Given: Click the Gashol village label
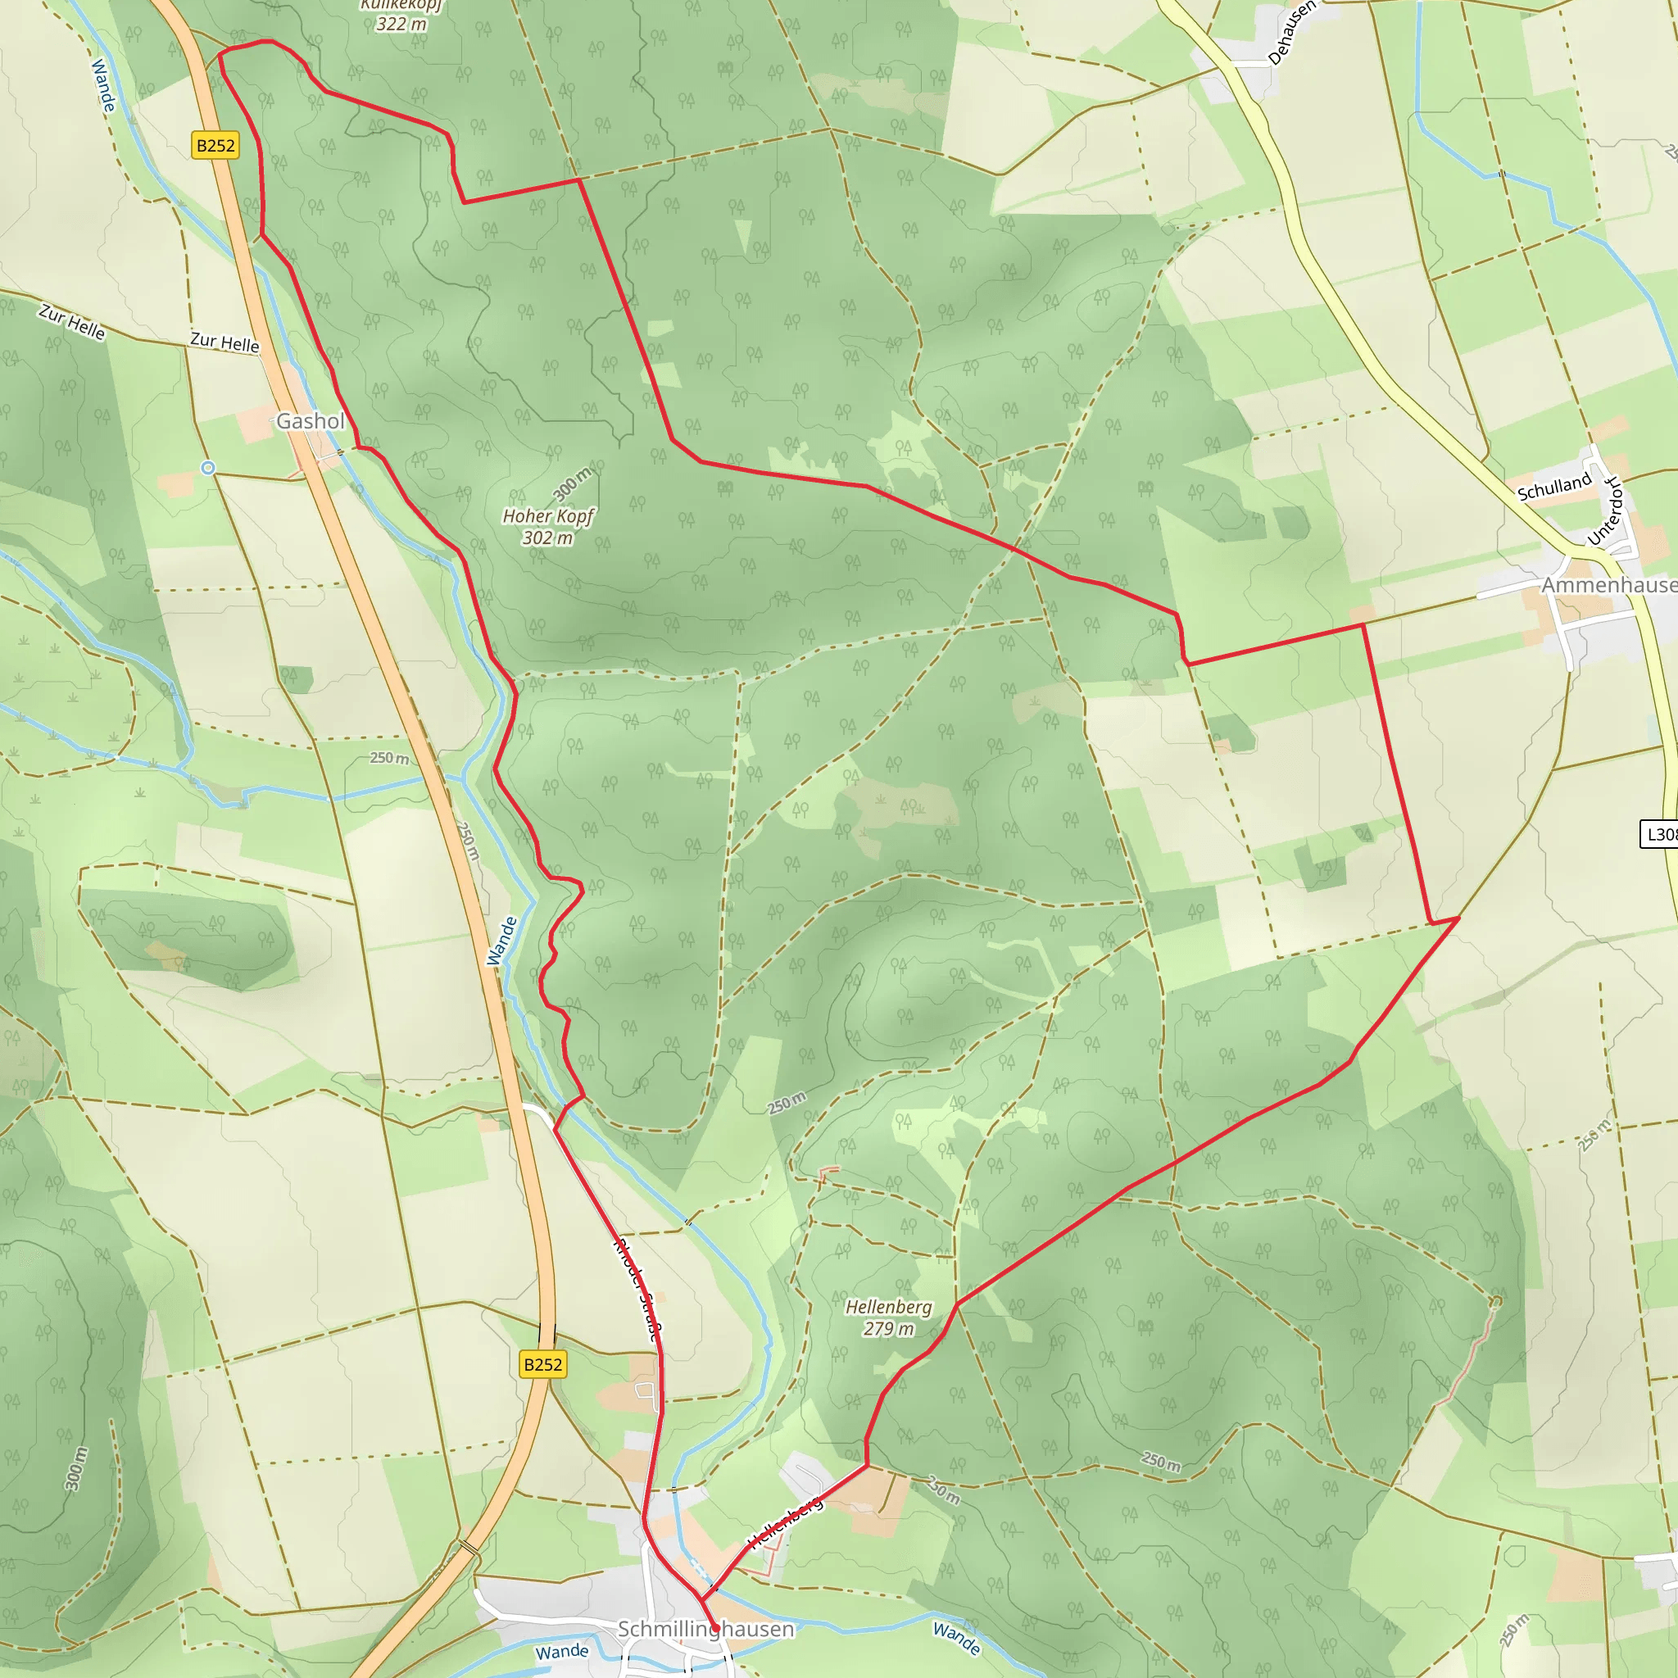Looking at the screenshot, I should coord(310,421).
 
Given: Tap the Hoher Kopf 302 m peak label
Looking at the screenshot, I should coord(547,526).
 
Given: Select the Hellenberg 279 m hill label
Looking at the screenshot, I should coord(888,1317).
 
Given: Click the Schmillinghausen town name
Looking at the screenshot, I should coord(705,1629).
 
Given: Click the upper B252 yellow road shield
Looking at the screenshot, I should coord(215,145).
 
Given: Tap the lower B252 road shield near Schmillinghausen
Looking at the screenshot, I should coord(543,1364).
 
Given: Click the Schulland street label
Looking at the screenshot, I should coord(1553,487).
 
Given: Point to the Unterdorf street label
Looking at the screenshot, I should coord(1604,511).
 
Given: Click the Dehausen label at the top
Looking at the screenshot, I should coord(1291,33).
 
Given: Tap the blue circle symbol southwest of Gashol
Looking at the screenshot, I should coord(208,468).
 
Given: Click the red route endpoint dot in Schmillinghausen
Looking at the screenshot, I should coord(714,1628).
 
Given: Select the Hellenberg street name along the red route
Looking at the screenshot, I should coord(785,1522).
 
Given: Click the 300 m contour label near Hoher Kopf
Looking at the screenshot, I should coord(572,483).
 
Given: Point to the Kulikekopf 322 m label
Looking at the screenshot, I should coord(401,16).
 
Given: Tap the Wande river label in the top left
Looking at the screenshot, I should coord(102,85).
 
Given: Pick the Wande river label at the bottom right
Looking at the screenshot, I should coord(956,1638).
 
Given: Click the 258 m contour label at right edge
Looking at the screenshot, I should coord(1594,1135).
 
